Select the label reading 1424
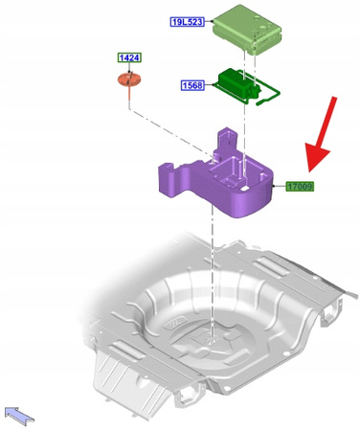pos(128,57)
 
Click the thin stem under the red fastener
pos(127,101)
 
